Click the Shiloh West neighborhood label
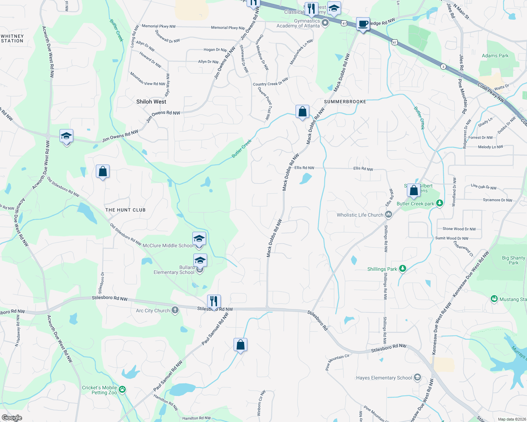pos(151,102)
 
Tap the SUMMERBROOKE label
pos(345,102)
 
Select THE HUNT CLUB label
pos(125,210)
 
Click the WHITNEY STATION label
pos(12,39)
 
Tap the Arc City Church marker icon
pos(175,310)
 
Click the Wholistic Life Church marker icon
pos(389,214)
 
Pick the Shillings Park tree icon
pos(403,269)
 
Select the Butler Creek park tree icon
pos(439,203)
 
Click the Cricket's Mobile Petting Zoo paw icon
pos(122,389)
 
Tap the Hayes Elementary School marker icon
pos(417,377)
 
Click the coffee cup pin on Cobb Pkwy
pos(363,24)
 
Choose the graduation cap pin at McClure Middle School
pos(199,239)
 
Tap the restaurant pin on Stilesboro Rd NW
pos(214,301)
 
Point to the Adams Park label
pos(495,56)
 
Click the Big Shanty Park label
pos(513,260)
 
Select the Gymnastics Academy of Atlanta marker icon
pos(325,23)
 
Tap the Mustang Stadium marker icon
pos(494,299)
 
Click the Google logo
pos(12,417)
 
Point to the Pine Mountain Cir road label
pos(337,362)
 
